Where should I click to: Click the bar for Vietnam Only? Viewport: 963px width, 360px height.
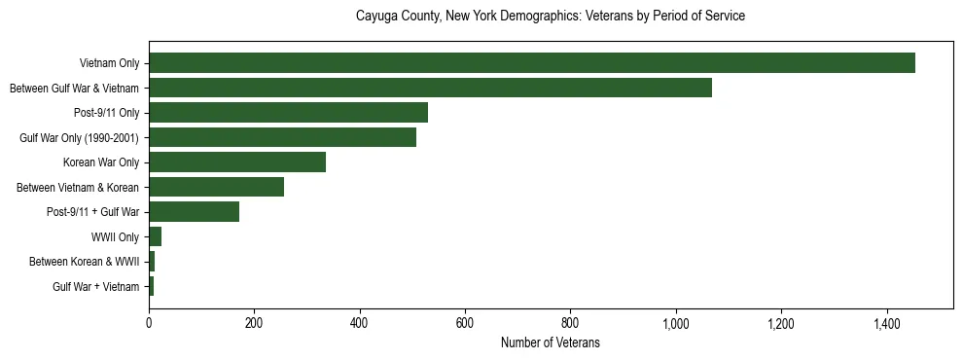[531, 63]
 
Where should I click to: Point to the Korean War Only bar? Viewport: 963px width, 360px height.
[237, 162]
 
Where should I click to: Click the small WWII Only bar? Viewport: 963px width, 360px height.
[155, 236]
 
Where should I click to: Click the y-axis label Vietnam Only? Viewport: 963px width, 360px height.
[109, 63]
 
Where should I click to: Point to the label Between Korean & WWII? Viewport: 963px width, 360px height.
[85, 262]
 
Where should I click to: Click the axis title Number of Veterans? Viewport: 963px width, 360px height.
[551, 342]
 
